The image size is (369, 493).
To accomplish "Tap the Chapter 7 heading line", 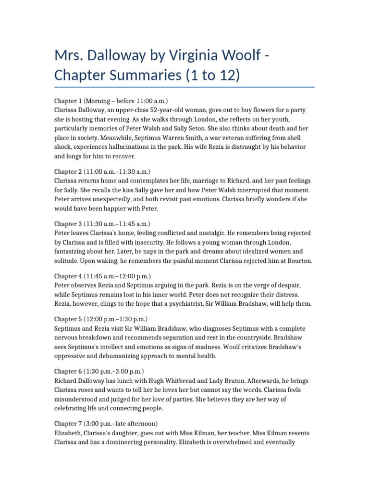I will [x=106, y=424].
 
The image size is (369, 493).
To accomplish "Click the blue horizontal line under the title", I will [x=184, y=87].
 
